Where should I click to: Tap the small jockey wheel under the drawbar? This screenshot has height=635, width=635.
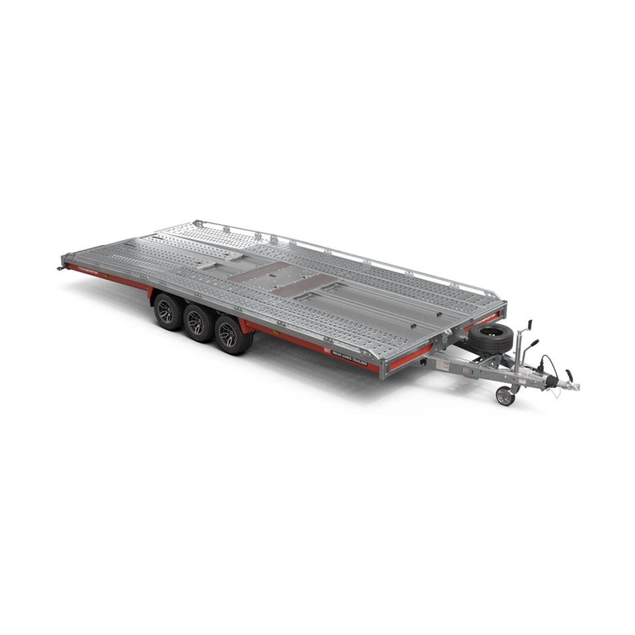pyautogui.click(x=505, y=396)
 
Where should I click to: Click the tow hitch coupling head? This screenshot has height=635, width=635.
pyautogui.click(x=570, y=386)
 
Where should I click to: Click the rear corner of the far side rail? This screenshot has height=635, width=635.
pyautogui.click(x=196, y=223)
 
